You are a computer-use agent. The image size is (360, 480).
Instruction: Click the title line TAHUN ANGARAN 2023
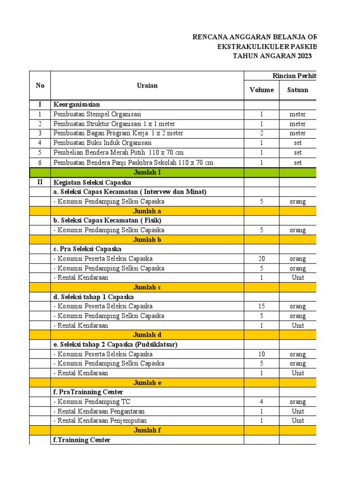point(272,56)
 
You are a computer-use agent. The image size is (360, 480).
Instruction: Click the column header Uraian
point(147,85)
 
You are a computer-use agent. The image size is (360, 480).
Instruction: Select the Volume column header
point(262,90)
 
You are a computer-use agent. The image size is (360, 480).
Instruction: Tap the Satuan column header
point(298,90)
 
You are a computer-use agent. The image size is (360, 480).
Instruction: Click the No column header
point(40,85)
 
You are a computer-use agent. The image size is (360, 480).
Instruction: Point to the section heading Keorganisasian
point(77,105)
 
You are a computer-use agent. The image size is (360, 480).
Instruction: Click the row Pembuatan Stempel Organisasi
point(97,114)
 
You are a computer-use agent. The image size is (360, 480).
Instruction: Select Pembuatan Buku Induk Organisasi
point(103,143)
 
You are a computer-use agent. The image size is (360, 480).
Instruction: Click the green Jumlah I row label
point(147,172)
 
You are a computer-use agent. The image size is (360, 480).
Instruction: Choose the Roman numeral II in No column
point(40,182)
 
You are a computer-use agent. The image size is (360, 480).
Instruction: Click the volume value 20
point(262,259)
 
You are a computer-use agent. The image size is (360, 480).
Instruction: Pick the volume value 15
point(262,307)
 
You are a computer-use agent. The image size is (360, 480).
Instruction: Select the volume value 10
point(262,354)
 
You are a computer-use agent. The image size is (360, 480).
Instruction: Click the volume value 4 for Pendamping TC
point(262,402)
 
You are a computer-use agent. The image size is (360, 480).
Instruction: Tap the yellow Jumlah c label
point(147,287)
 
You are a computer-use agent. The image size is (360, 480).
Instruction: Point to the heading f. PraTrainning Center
point(88,392)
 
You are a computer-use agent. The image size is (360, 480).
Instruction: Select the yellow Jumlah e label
point(147,382)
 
